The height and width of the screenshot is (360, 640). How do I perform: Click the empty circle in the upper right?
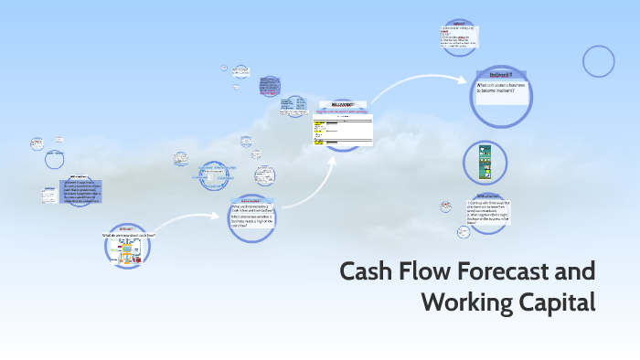pyautogui.click(x=599, y=61)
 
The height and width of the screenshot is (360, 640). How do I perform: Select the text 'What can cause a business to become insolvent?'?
pyautogui.click(x=500, y=89)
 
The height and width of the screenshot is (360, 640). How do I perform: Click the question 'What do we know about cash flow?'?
pyautogui.click(x=128, y=235)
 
